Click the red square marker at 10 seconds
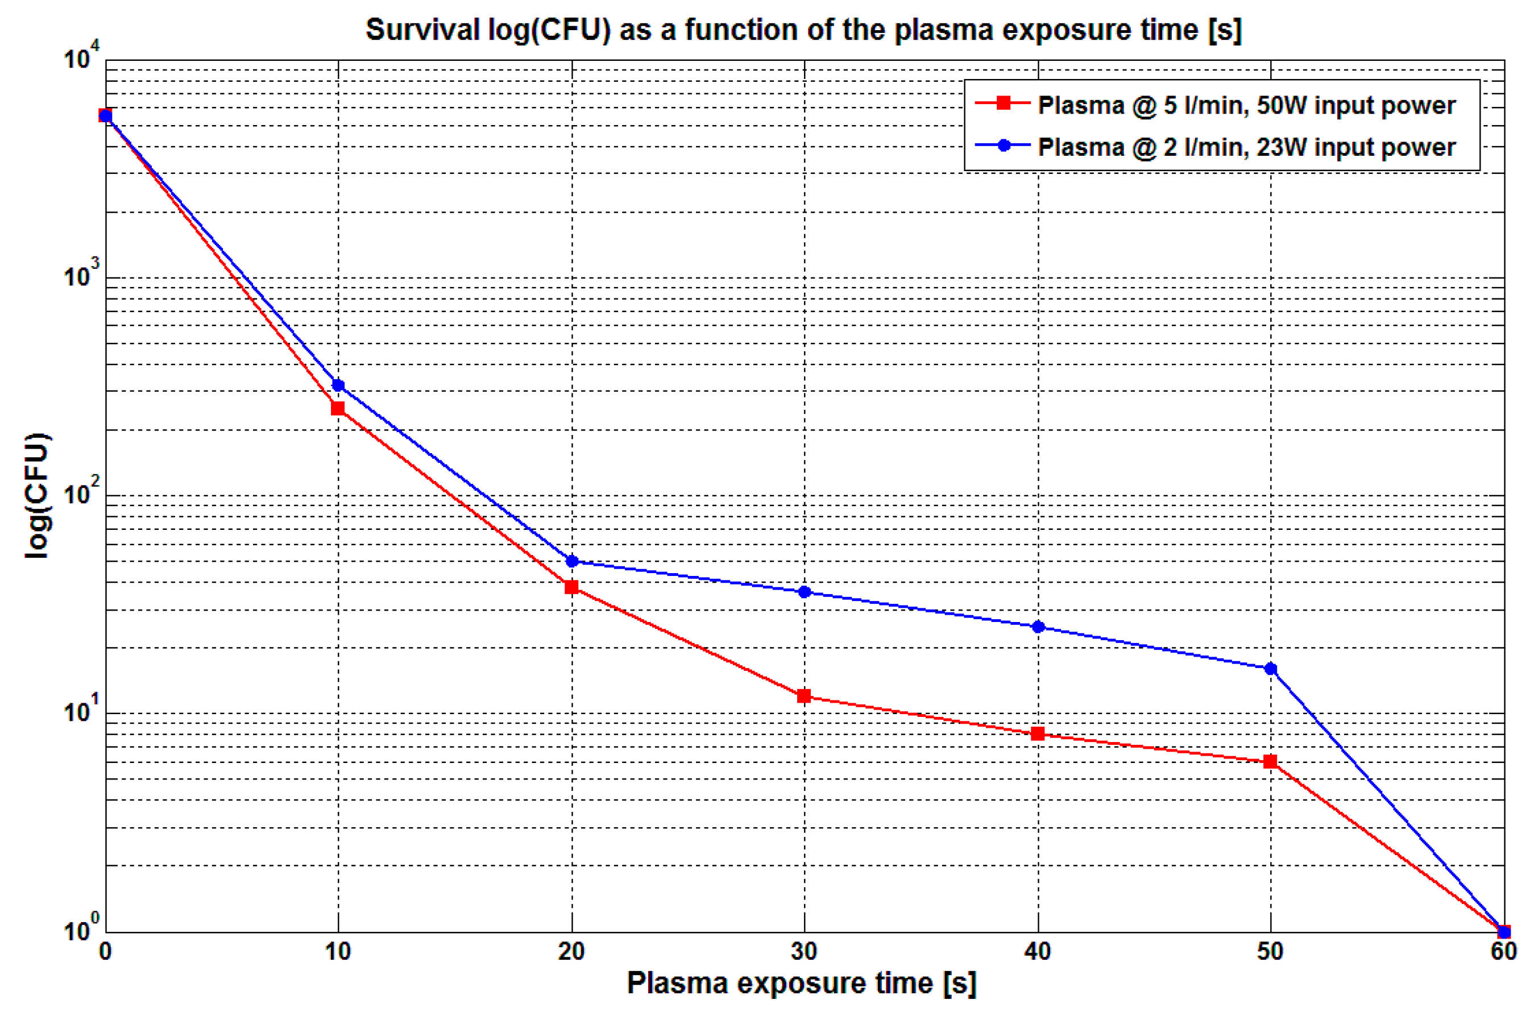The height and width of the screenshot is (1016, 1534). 338,408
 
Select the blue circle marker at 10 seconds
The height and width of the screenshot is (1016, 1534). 338,385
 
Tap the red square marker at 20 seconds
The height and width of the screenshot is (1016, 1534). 571,587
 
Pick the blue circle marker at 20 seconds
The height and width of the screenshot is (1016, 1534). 571,561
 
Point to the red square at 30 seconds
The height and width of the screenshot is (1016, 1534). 804,696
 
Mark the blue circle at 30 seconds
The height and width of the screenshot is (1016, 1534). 805,592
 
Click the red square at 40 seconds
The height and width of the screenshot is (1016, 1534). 1038,733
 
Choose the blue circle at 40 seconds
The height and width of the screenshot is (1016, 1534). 1038,627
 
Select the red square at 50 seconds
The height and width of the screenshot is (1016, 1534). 1270,761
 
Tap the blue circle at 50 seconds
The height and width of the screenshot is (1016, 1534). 1270,669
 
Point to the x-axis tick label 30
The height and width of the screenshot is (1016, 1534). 804,951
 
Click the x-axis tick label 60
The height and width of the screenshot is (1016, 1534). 1503,951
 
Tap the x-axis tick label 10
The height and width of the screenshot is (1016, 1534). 338,951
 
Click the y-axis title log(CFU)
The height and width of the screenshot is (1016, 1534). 37,496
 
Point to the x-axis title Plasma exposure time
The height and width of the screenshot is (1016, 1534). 801,984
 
